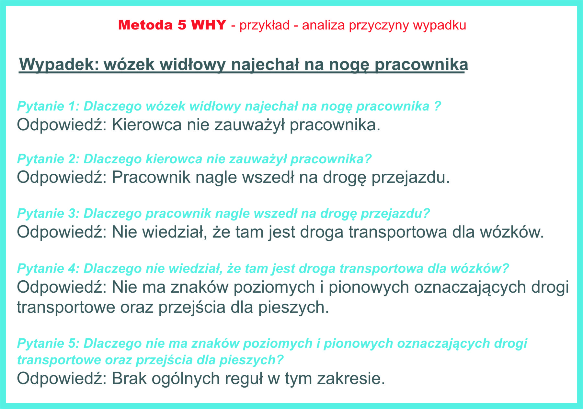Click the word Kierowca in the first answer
tap(147, 125)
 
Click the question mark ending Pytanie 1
tap(437, 106)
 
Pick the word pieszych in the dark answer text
tap(293, 308)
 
